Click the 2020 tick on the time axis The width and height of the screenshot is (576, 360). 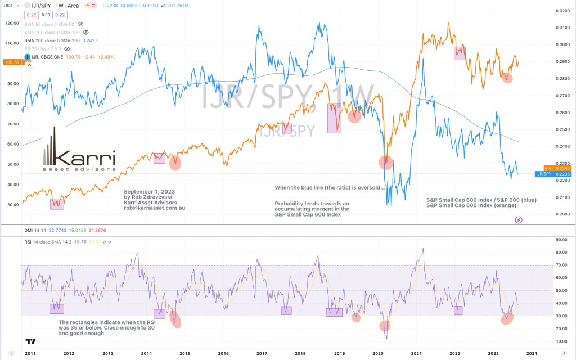pos(378,353)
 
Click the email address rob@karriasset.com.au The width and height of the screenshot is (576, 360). pos(154,208)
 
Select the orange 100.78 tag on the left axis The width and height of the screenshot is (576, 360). pos(11,62)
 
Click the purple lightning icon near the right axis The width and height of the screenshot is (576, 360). pos(519,219)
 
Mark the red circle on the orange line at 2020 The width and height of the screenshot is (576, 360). pos(386,162)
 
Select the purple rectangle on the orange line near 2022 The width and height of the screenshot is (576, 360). pos(460,53)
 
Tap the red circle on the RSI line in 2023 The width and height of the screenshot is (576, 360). pos(507,319)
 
